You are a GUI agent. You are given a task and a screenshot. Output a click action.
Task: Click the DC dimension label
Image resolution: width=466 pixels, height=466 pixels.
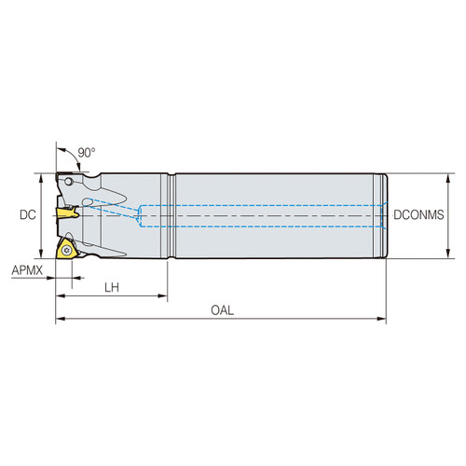click(27, 215)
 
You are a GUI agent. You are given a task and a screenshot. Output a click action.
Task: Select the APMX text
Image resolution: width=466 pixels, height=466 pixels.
click(27, 270)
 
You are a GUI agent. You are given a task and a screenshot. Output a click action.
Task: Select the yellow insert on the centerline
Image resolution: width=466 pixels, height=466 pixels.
click(67, 214)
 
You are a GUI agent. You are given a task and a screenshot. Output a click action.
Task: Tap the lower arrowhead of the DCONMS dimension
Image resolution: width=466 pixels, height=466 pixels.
click(448, 254)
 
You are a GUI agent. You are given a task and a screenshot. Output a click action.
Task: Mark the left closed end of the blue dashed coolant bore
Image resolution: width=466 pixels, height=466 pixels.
click(141, 215)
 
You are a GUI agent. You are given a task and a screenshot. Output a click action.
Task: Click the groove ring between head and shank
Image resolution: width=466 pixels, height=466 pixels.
click(170, 215)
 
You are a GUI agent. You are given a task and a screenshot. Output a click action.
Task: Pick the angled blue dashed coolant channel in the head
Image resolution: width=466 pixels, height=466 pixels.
click(112, 210)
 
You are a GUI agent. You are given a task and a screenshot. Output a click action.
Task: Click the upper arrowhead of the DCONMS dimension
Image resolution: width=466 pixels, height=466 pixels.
click(448, 176)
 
